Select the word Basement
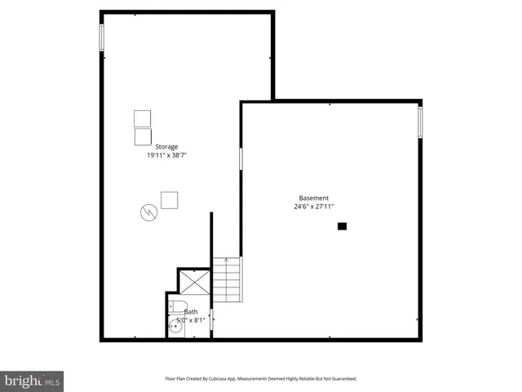tap(314, 198)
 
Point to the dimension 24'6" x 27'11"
tap(314, 207)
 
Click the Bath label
tap(190, 312)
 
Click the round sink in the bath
tap(175, 327)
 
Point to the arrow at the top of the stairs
tap(226, 261)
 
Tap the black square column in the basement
tap(343, 226)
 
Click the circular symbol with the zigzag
tap(148, 212)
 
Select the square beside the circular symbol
tap(170, 200)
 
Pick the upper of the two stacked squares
tap(143, 118)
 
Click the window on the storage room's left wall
tap(102, 38)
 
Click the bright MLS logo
tap(33, 381)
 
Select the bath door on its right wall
tap(211, 319)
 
